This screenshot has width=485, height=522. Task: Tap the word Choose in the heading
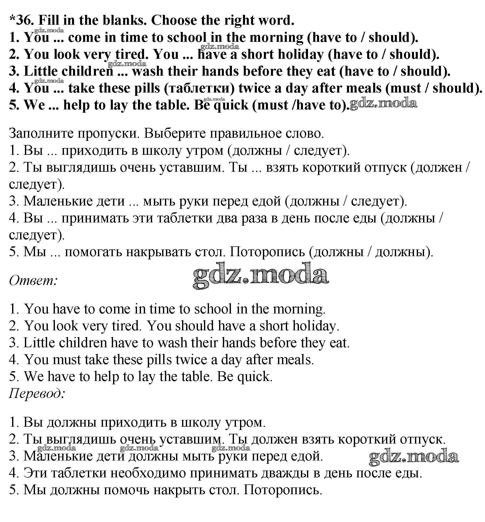[x=174, y=20]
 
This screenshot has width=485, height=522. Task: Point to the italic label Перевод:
[x=37, y=393]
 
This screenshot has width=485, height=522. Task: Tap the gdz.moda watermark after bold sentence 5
[x=383, y=103]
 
